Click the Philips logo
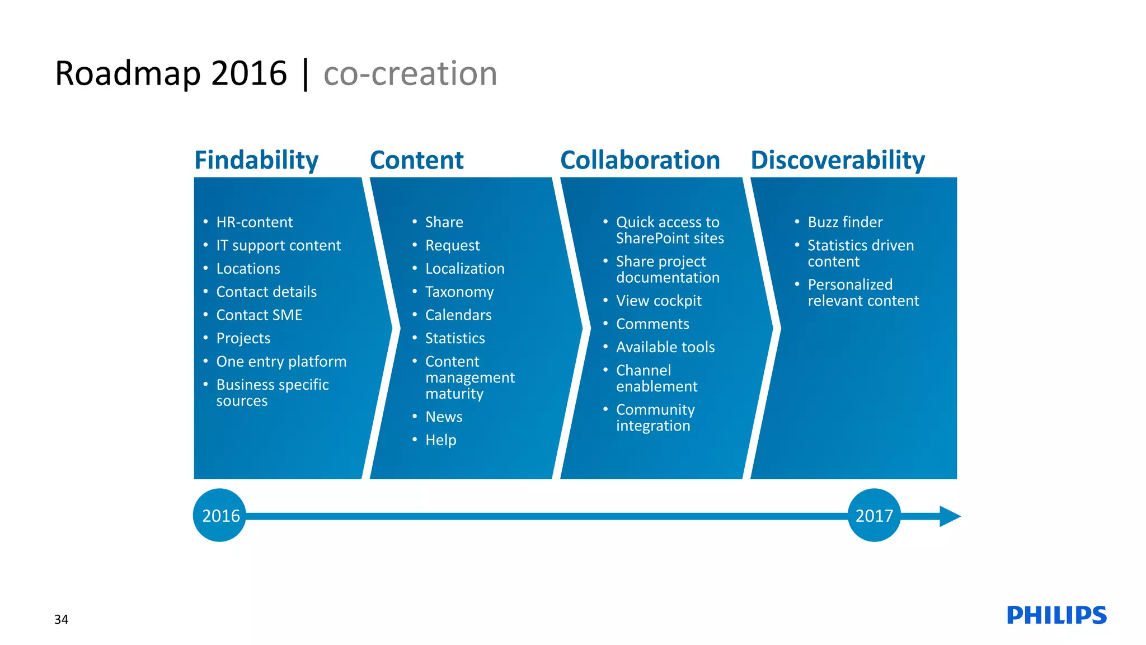pos(1056,615)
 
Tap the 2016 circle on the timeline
pos(220,515)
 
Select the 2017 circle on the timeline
pos(874,515)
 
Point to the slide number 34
pos(61,619)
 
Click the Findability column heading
pos(256,160)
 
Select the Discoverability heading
pos(837,160)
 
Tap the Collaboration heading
pos(640,160)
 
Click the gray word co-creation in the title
pos(410,73)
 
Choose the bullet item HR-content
pos(254,222)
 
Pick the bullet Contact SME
pos(259,315)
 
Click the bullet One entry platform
pos(281,362)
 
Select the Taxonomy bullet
pos(459,292)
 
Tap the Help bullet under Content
pos(440,440)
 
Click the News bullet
pos(443,417)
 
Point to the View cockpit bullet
pos(658,301)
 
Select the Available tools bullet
pos(665,347)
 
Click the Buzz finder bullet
pos(845,222)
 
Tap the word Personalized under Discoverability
pos(849,284)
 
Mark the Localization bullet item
pos(464,269)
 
